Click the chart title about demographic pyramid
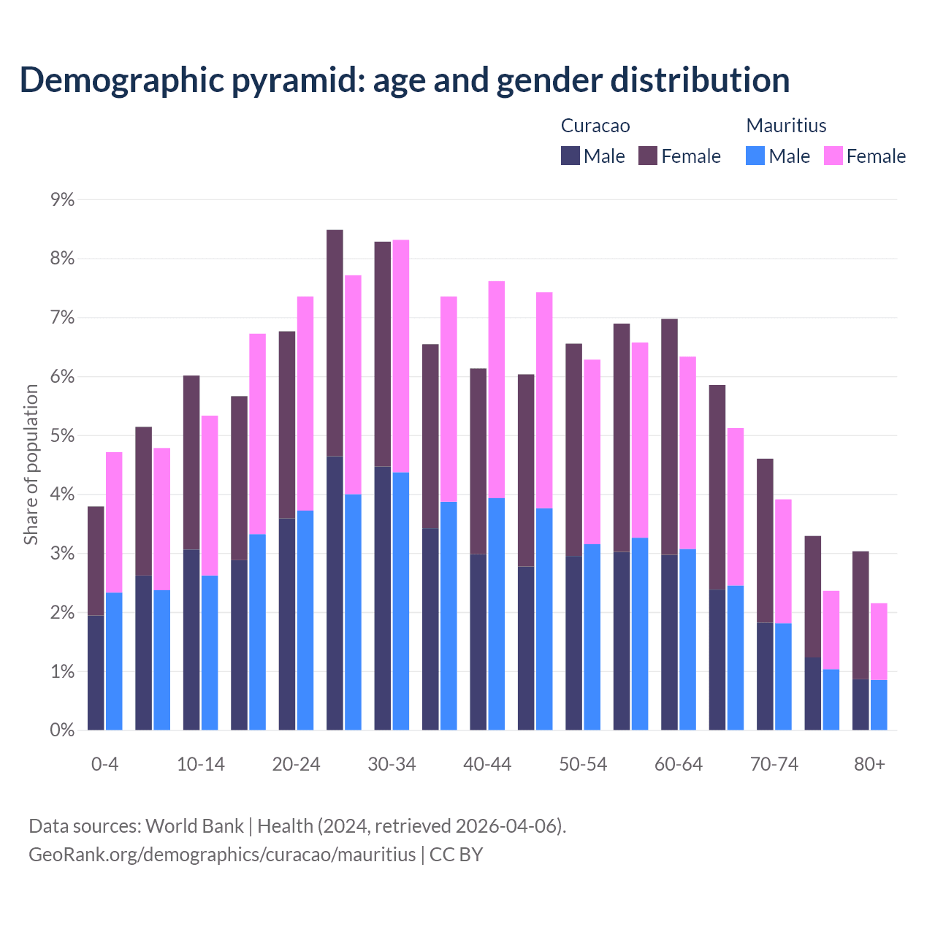(404, 80)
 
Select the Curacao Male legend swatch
(570, 156)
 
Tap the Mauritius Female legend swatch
(833, 156)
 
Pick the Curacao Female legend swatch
(648, 156)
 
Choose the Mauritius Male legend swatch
(755, 156)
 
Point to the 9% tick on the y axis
(62, 199)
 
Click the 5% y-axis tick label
(62, 435)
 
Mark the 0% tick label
(62, 730)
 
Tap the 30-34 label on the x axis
(392, 764)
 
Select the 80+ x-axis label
(869, 764)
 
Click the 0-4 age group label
(104, 764)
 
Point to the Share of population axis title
(31, 465)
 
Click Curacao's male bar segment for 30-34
(383, 598)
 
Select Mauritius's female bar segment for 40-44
(497, 389)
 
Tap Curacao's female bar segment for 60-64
(669, 437)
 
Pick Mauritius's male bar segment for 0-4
(114, 661)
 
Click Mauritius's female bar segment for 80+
(879, 641)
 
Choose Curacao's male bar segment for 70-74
(765, 676)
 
